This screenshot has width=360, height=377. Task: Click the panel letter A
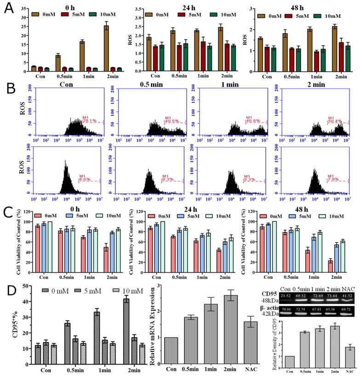(8, 8)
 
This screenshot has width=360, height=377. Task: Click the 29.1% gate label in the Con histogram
(89, 120)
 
